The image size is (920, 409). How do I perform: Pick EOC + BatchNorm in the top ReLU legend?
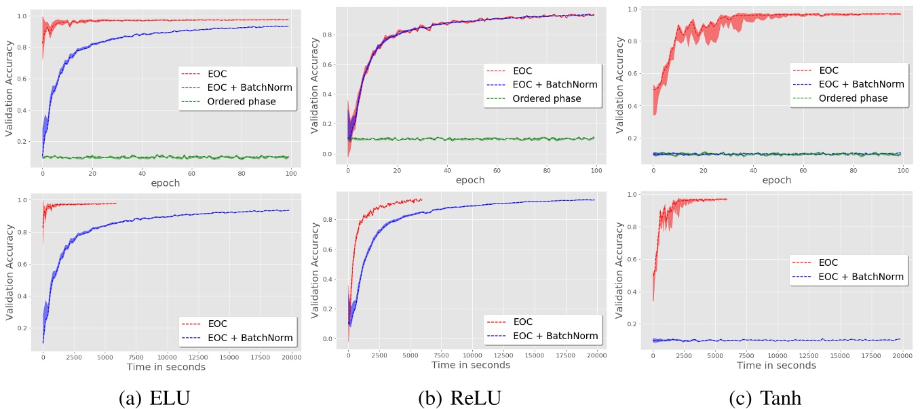555,85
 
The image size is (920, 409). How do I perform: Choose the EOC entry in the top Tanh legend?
828,71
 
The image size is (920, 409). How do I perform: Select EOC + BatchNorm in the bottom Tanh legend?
861,276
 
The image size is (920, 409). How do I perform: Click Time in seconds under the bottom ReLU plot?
471,365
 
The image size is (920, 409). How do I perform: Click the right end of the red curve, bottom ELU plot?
117,203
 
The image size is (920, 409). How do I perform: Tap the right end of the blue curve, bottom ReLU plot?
595,199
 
